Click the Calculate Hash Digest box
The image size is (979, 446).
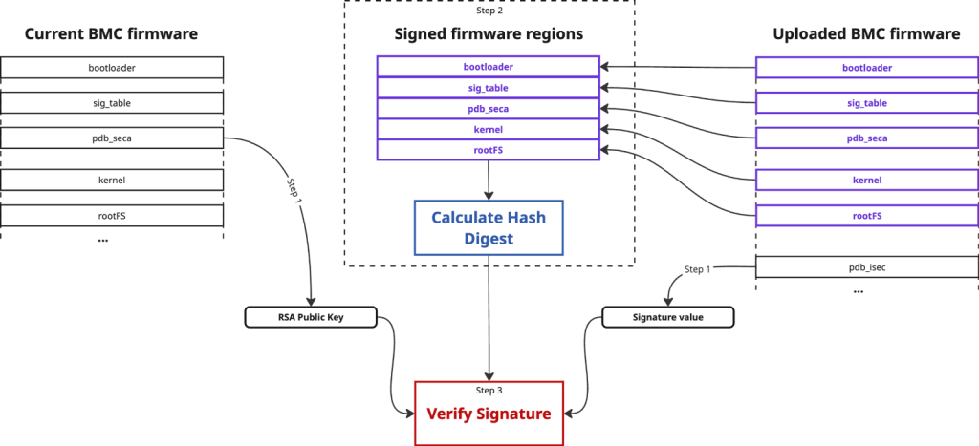pos(489,227)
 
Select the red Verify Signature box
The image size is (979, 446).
pos(489,413)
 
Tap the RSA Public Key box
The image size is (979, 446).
pos(311,317)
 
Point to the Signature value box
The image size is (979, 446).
pos(667,317)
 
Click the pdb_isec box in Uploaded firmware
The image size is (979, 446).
pos(867,267)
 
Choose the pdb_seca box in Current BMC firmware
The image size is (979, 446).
pos(112,138)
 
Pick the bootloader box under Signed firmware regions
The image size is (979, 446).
pos(488,67)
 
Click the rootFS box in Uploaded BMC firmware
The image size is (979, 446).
pos(867,215)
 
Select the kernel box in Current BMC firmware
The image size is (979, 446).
pos(112,181)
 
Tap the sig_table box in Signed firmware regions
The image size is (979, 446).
pos(488,88)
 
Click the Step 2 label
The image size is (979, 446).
pos(489,10)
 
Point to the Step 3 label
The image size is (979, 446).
pos(489,391)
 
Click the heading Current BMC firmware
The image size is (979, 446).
pos(111,33)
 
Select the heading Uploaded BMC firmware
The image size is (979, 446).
pos(866,33)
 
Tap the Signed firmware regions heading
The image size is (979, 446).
pos(489,33)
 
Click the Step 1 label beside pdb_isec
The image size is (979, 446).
pos(697,269)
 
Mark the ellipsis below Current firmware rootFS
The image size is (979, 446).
pos(103,239)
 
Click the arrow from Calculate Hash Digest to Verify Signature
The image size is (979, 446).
pos(489,317)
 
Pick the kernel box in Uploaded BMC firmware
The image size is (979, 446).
pos(867,181)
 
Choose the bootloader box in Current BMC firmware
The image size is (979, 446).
pos(112,67)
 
